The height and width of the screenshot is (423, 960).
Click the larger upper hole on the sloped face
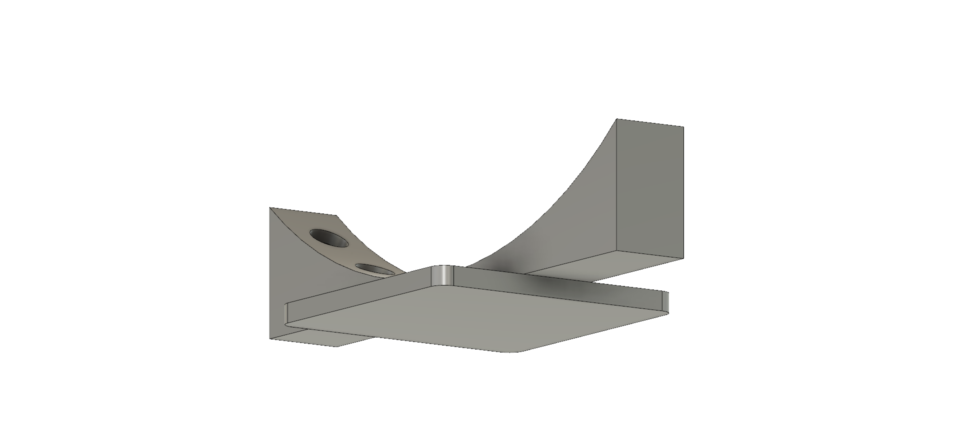tap(329, 237)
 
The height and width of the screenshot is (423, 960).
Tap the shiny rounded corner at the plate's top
tap(442, 275)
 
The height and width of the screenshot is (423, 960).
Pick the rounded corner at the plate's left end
tap(286, 314)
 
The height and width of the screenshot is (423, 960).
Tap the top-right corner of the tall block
tap(683, 126)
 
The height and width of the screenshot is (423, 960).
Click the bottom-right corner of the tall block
tap(683, 258)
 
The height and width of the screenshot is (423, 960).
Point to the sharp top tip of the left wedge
tap(270, 207)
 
